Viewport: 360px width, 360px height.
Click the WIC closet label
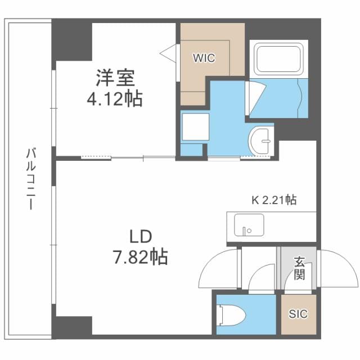coord(204,58)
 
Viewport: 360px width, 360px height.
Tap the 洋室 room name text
coord(115,78)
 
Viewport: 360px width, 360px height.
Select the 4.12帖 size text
coord(115,99)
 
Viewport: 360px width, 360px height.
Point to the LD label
coord(141,237)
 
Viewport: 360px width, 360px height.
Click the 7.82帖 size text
coord(140,256)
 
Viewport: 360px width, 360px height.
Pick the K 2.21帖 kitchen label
coord(274,200)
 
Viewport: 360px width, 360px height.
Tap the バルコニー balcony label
coord(31,179)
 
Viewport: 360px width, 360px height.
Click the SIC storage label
coord(298,314)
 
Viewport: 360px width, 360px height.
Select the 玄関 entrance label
coord(299,268)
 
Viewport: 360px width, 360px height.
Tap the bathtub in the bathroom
coord(278,59)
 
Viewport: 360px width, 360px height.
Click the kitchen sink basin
coord(249,225)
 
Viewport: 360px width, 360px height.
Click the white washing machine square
coord(196,127)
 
